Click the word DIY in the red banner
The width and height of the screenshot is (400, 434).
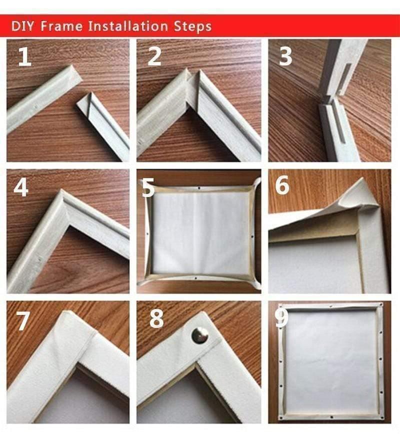pos(22,25)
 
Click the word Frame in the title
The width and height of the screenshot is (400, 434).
pos(60,25)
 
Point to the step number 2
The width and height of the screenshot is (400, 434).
pos(154,57)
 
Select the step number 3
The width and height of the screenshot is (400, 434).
pos(285,57)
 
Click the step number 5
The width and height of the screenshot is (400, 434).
pos(147,188)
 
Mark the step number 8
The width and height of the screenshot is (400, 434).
pos(156,318)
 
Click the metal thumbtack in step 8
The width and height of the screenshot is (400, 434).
pos(200,334)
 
